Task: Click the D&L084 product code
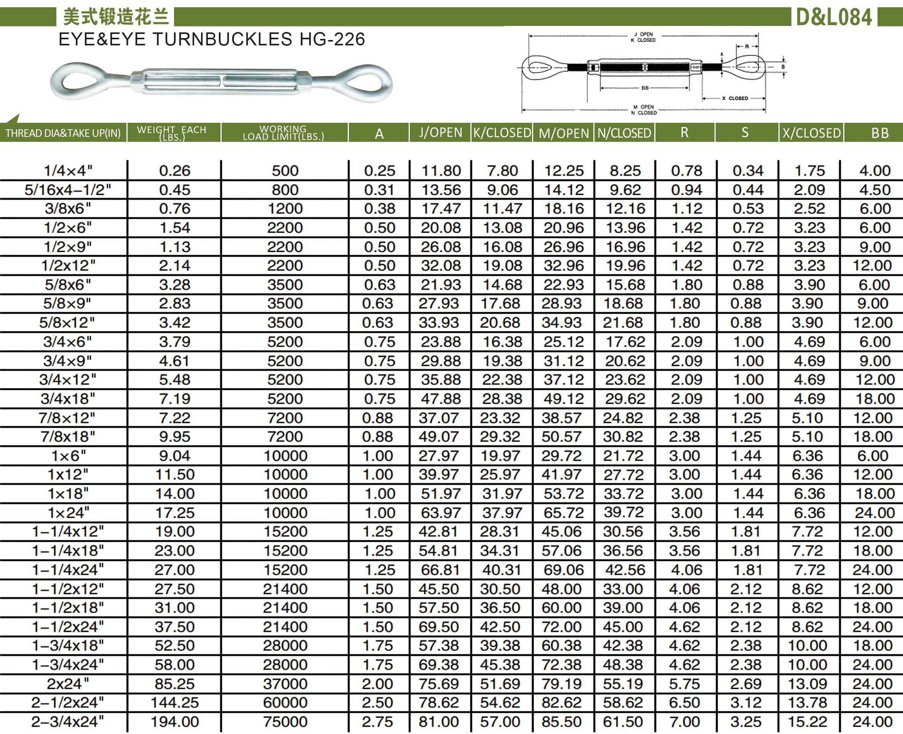[834, 17]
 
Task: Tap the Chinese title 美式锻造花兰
[116, 17]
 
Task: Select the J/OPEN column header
[440, 133]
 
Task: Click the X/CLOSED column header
[811, 133]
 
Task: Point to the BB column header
[880, 133]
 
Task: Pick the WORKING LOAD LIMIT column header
[283, 132]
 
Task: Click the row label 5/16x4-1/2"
[67, 190]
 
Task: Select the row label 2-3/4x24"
[67, 721]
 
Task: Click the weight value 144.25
[174, 702]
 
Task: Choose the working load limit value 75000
[285, 721]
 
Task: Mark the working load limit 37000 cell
[285, 684]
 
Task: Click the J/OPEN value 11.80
[441, 171]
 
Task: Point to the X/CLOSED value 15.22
[807, 721]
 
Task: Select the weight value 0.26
[174, 171]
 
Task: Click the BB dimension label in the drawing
[645, 88]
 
